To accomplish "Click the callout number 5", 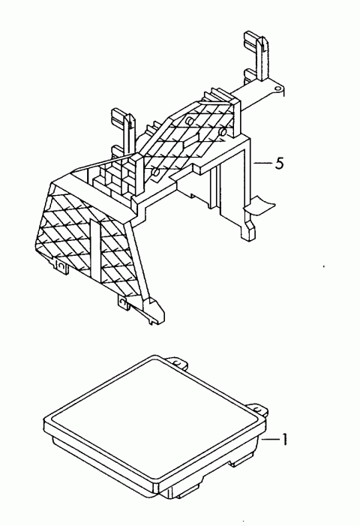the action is coord(279,164).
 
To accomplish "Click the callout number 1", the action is coord(284,439).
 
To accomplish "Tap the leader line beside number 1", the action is coord(271,439).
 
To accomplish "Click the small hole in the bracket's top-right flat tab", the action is coord(277,89).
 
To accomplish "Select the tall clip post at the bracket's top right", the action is coord(256,57).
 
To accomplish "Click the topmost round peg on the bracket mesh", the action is coord(190,121).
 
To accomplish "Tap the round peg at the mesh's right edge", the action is coord(222,132).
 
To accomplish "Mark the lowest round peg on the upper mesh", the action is coord(155,172).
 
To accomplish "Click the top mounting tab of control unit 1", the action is coord(177,362).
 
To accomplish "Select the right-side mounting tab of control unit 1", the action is coord(259,409).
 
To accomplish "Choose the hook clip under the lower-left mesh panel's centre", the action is coord(123,302).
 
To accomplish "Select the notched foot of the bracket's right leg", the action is coord(248,230).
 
